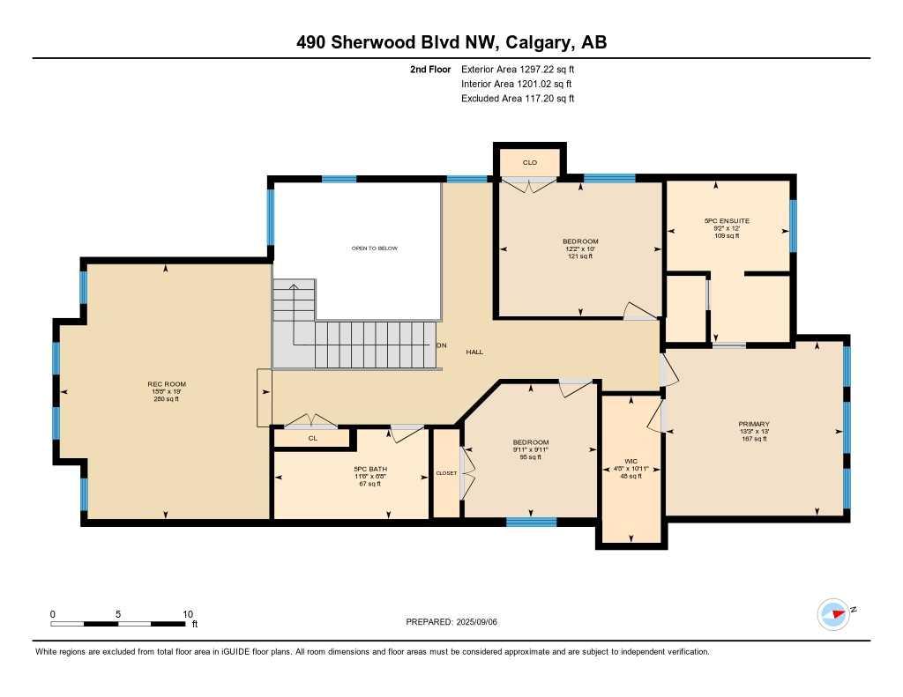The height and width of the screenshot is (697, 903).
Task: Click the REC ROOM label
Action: click(167, 384)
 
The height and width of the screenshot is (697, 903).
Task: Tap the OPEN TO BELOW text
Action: click(375, 248)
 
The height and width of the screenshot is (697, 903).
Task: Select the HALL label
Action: click(474, 352)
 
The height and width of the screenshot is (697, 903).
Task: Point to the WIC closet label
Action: click(631, 460)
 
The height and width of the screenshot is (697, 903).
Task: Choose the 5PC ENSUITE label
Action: click(727, 221)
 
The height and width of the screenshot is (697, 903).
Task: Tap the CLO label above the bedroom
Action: click(529, 162)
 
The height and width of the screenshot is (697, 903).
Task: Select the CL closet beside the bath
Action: click(312, 438)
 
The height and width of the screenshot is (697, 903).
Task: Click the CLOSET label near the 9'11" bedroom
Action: click(446, 473)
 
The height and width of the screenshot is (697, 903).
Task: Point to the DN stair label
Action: click(442, 345)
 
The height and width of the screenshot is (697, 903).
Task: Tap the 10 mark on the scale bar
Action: click(187, 613)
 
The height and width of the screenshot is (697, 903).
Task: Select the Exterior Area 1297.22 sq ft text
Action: click(518, 69)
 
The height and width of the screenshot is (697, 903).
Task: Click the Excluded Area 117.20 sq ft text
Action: click(518, 99)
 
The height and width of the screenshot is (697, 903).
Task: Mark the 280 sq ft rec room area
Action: click(167, 399)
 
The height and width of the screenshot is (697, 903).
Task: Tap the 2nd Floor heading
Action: click(430, 69)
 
